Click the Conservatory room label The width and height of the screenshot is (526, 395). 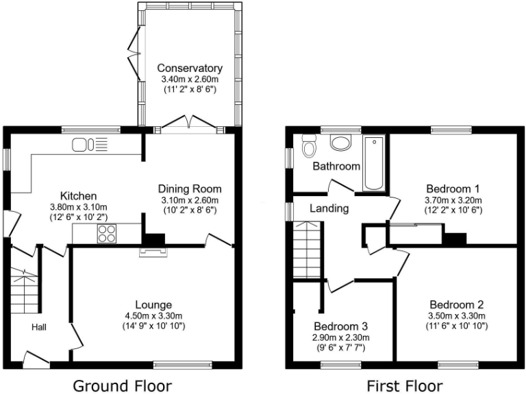click(x=190, y=69)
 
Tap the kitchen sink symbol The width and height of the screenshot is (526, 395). click(x=90, y=145)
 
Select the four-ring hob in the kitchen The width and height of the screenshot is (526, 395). click(x=108, y=234)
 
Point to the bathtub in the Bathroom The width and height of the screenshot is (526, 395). click(x=374, y=163)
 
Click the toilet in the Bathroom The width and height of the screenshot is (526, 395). click(x=309, y=147)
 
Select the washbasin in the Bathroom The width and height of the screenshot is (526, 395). click(x=340, y=143)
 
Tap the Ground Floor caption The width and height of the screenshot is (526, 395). click(x=122, y=385)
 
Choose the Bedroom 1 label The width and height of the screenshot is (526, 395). click(x=453, y=189)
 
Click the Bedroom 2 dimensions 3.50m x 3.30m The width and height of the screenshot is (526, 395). click(x=458, y=316)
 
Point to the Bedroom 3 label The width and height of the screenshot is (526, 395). click(x=341, y=326)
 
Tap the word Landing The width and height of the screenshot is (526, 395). click(x=329, y=208)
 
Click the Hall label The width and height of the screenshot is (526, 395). click(x=38, y=328)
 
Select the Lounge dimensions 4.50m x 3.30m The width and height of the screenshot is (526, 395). click(x=153, y=316)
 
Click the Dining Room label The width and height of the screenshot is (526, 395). click(x=190, y=189)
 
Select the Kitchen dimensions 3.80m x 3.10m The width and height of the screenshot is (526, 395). click(x=77, y=207)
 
